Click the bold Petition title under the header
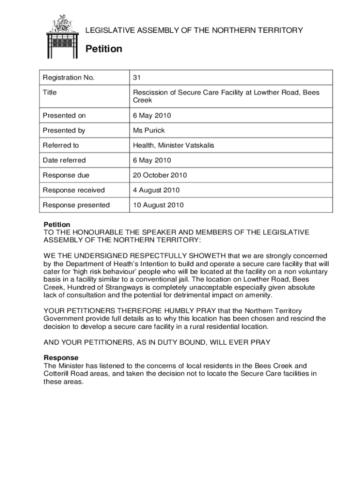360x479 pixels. pos(103,49)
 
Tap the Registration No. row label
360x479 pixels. pos(69,78)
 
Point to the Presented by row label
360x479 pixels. pos(64,131)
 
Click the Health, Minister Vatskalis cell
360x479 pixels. pos(174,145)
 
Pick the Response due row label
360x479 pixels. pos(66,175)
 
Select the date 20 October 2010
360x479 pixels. pos(160,175)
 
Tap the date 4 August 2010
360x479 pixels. pos(156,190)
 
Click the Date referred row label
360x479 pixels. pos(65,160)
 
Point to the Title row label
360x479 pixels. pos(50,93)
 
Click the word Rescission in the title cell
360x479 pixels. pos(151,93)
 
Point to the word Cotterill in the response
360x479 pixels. pos(58,374)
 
